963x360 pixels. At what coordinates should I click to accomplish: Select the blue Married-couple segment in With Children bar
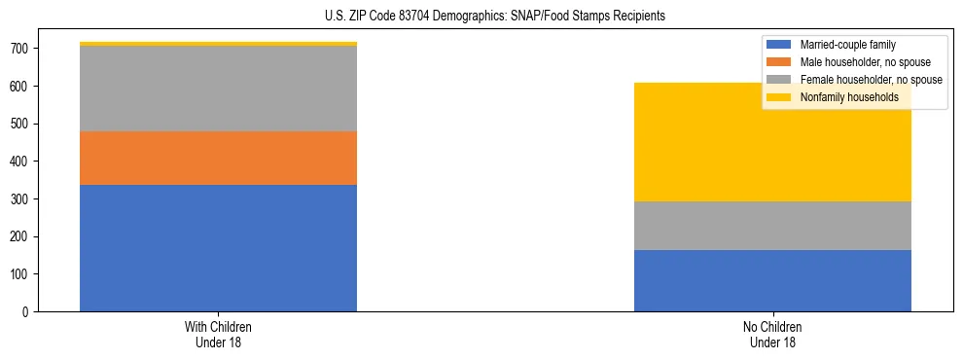tap(218, 248)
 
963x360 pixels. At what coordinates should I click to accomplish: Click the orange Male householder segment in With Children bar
tap(218, 158)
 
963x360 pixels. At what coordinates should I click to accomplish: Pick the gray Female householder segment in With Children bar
tap(218, 89)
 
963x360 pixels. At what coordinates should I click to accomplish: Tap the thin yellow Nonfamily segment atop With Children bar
tap(218, 44)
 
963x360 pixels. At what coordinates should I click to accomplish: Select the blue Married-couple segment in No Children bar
tap(772, 280)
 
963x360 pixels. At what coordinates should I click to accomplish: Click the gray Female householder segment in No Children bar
tap(772, 226)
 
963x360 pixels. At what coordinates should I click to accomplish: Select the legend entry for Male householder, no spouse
tap(859, 62)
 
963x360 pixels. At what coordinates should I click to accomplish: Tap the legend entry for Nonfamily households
tap(849, 97)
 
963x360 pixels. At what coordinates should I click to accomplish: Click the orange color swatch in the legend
tap(780, 62)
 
